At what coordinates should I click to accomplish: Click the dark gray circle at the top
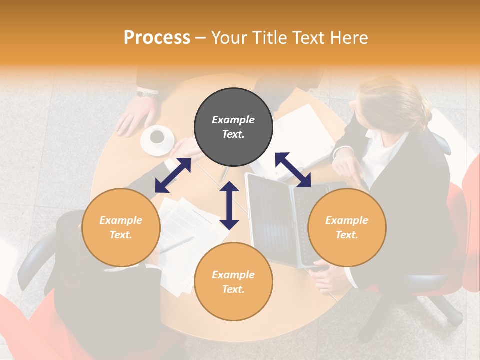[233, 128]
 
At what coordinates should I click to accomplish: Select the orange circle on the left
[121, 228]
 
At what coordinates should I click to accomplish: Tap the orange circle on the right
[347, 228]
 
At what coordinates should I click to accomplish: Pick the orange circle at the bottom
[233, 282]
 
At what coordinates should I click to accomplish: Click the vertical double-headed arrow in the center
[229, 205]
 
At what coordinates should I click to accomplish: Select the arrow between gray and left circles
[173, 175]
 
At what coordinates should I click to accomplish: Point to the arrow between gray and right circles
[293, 170]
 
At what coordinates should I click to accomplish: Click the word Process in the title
[157, 37]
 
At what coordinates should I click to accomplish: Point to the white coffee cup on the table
[157, 138]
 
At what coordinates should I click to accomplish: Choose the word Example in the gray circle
[233, 120]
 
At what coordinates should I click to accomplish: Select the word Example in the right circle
[347, 220]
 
